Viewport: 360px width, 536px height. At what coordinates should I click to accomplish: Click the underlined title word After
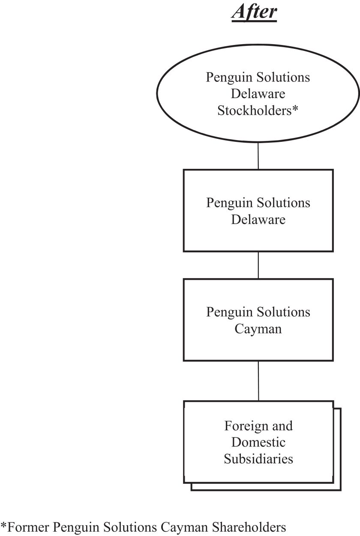pos(254,12)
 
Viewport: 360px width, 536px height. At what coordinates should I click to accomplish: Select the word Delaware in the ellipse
pos(258,94)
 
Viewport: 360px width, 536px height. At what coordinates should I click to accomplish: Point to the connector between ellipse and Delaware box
pos(258,155)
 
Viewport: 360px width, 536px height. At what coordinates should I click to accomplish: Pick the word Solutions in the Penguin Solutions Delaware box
pos(284,203)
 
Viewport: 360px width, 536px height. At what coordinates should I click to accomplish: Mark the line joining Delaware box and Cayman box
pos(258,265)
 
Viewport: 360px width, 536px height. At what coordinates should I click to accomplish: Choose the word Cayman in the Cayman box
pos(258,329)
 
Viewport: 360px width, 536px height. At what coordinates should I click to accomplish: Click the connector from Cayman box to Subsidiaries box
pos(258,380)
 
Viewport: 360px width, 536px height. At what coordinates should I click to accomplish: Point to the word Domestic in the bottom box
pos(258,442)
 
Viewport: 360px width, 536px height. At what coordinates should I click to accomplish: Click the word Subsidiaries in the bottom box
pos(258,459)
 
